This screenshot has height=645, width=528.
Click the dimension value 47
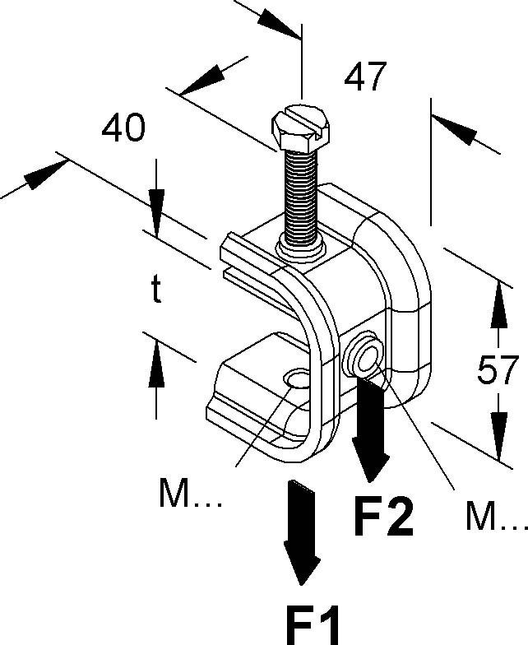click(364, 77)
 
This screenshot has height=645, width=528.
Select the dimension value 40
click(123, 128)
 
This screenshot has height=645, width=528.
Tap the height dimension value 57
click(498, 371)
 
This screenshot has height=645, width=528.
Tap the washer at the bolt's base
click(299, 244)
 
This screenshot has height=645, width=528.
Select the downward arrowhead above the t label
click(156, 201)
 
